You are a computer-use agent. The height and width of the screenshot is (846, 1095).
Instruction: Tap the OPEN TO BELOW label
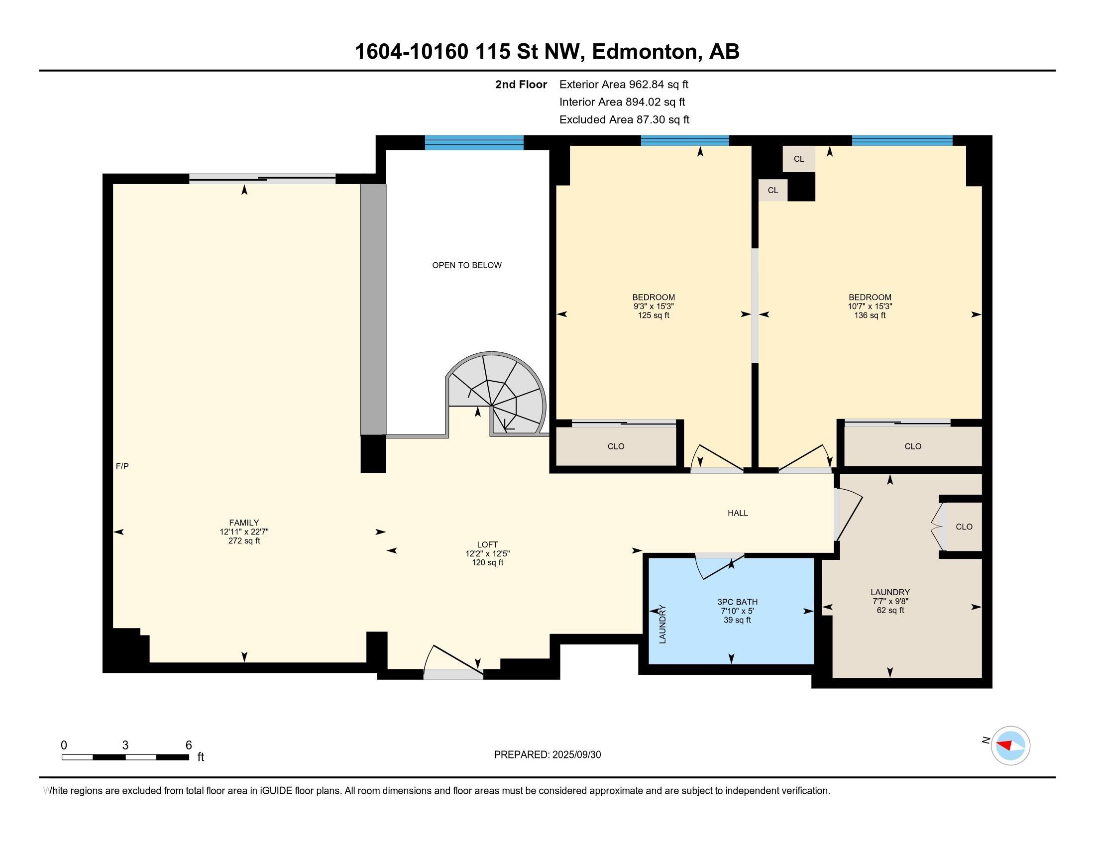coord(467,265)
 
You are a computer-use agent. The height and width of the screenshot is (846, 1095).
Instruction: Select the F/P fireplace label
coord(122,466)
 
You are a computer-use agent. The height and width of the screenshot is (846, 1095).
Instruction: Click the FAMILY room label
coord(244,523)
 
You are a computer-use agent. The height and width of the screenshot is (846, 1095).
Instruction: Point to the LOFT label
coord(487,544)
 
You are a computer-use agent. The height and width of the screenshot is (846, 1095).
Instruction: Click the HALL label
coord(738,513)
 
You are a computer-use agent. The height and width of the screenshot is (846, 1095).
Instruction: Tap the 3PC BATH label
coord(738,602)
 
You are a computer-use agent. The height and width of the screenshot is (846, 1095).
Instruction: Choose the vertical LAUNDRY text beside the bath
coord(662,625)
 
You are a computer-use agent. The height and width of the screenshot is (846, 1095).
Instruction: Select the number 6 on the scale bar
coord(189,745)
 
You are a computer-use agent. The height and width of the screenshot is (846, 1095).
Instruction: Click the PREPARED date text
coord(547,754)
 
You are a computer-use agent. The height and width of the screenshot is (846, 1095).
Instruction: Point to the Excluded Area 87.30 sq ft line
coord(624,120)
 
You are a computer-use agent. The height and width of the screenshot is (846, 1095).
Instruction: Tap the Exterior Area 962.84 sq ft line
coord(624,85)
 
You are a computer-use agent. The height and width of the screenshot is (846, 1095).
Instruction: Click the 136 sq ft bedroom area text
coord(870,315)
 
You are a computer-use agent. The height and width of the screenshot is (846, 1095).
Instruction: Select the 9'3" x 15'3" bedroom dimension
coord(654,306)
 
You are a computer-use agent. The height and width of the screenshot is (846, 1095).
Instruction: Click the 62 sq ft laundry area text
coord(890,610)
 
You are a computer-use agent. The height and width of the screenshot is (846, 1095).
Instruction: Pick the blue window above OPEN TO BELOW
coord(474,143)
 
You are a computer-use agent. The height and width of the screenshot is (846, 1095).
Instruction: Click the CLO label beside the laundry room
coord(964,526)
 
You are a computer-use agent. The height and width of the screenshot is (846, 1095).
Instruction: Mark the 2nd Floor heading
coord(521,85)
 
